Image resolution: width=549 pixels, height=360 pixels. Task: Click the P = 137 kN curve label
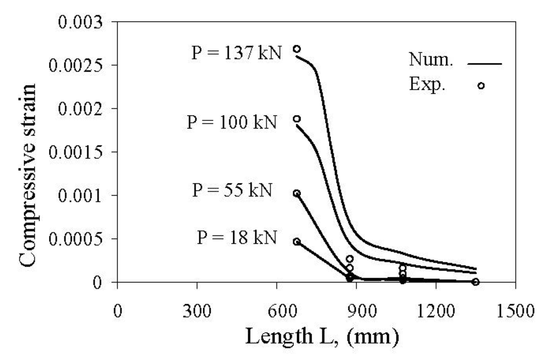point(236,53)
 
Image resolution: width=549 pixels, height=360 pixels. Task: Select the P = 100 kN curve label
point(232,122)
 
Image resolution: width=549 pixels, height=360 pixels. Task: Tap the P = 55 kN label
point(232,190)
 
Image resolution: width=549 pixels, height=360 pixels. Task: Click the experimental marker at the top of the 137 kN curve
point(297,49)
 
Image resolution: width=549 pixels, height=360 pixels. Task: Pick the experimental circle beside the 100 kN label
point(297,119)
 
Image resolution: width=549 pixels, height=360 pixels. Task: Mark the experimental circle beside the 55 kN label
point(297,193)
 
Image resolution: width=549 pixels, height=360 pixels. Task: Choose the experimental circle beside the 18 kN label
point(297,242)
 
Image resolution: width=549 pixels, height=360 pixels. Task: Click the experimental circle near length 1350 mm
point(475,282)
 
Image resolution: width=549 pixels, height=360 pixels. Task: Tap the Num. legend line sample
point(485,64)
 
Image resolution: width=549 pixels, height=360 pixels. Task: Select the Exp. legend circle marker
point(481,86)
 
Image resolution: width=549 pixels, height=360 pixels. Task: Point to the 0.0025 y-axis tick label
point(75,66)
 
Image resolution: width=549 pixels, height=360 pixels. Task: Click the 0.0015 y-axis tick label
point(75,152)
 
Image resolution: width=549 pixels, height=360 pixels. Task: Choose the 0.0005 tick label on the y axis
point(75,239)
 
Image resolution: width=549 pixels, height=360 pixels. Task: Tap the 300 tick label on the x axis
point(197,311)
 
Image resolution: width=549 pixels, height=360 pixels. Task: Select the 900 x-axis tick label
point(356,311)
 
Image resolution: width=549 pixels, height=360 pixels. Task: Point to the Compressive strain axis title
point(28,175)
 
